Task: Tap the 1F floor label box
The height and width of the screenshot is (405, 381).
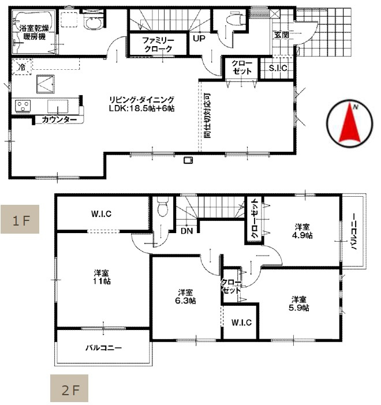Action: point(19,219)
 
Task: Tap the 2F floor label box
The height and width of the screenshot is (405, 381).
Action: point(70,389)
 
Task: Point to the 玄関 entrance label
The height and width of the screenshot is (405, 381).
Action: point(281,35)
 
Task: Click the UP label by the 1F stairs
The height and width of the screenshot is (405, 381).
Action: point(199,39)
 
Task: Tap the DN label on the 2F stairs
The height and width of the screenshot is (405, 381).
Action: point(186,231)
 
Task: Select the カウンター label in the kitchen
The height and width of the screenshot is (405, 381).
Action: point(59,120)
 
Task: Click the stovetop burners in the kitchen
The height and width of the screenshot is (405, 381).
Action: point(24,106)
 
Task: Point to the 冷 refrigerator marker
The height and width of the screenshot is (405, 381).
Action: point(21,67)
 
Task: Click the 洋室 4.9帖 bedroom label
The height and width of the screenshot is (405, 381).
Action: point(302,231)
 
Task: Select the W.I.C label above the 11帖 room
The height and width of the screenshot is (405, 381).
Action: point(101,213)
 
